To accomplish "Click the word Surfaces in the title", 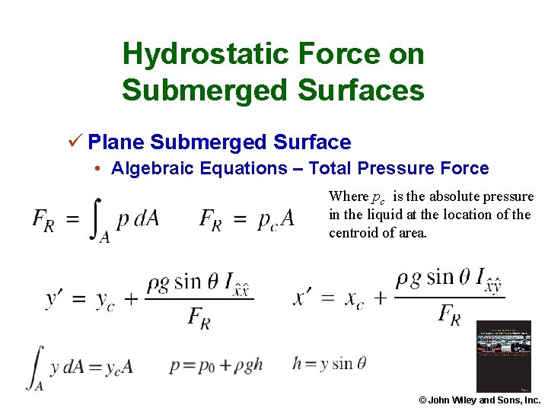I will tap(361, 91).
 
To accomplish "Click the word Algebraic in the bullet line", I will tap(151, 168).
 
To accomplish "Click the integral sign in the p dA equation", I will tap(101, 218).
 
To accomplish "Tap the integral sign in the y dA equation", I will tap(36, 366).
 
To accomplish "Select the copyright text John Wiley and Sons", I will tap(479, 400).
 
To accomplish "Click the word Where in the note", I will tap(348, 196).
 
